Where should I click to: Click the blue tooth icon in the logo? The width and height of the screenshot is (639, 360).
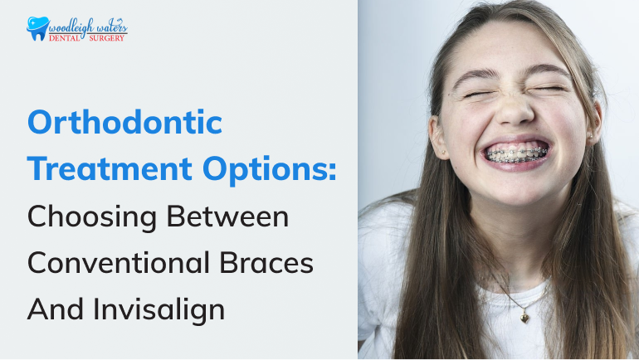pos(37,28)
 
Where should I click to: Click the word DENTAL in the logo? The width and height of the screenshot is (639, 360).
pos(65,38)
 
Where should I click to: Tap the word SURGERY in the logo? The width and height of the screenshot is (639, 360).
pos(106,38)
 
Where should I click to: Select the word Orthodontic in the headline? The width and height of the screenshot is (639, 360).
pos(125,122)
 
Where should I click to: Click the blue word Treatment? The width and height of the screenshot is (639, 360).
pos(110,168)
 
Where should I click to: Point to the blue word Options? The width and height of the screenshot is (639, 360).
pos(265,169)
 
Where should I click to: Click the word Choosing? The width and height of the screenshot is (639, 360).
pos(92,217)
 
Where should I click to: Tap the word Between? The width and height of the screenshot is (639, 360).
pos(228,216)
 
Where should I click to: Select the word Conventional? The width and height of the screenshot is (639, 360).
pos(119,263)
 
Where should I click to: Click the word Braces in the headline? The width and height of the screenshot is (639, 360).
pos(267,263)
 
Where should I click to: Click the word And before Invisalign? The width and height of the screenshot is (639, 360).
pos(55,309)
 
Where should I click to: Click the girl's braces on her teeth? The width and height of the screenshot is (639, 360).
pos(516,154)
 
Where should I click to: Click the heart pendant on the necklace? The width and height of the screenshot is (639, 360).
pos(524,317)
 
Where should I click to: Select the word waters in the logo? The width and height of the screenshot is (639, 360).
pos(113,27)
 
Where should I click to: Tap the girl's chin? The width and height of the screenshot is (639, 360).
pos(517,192)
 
